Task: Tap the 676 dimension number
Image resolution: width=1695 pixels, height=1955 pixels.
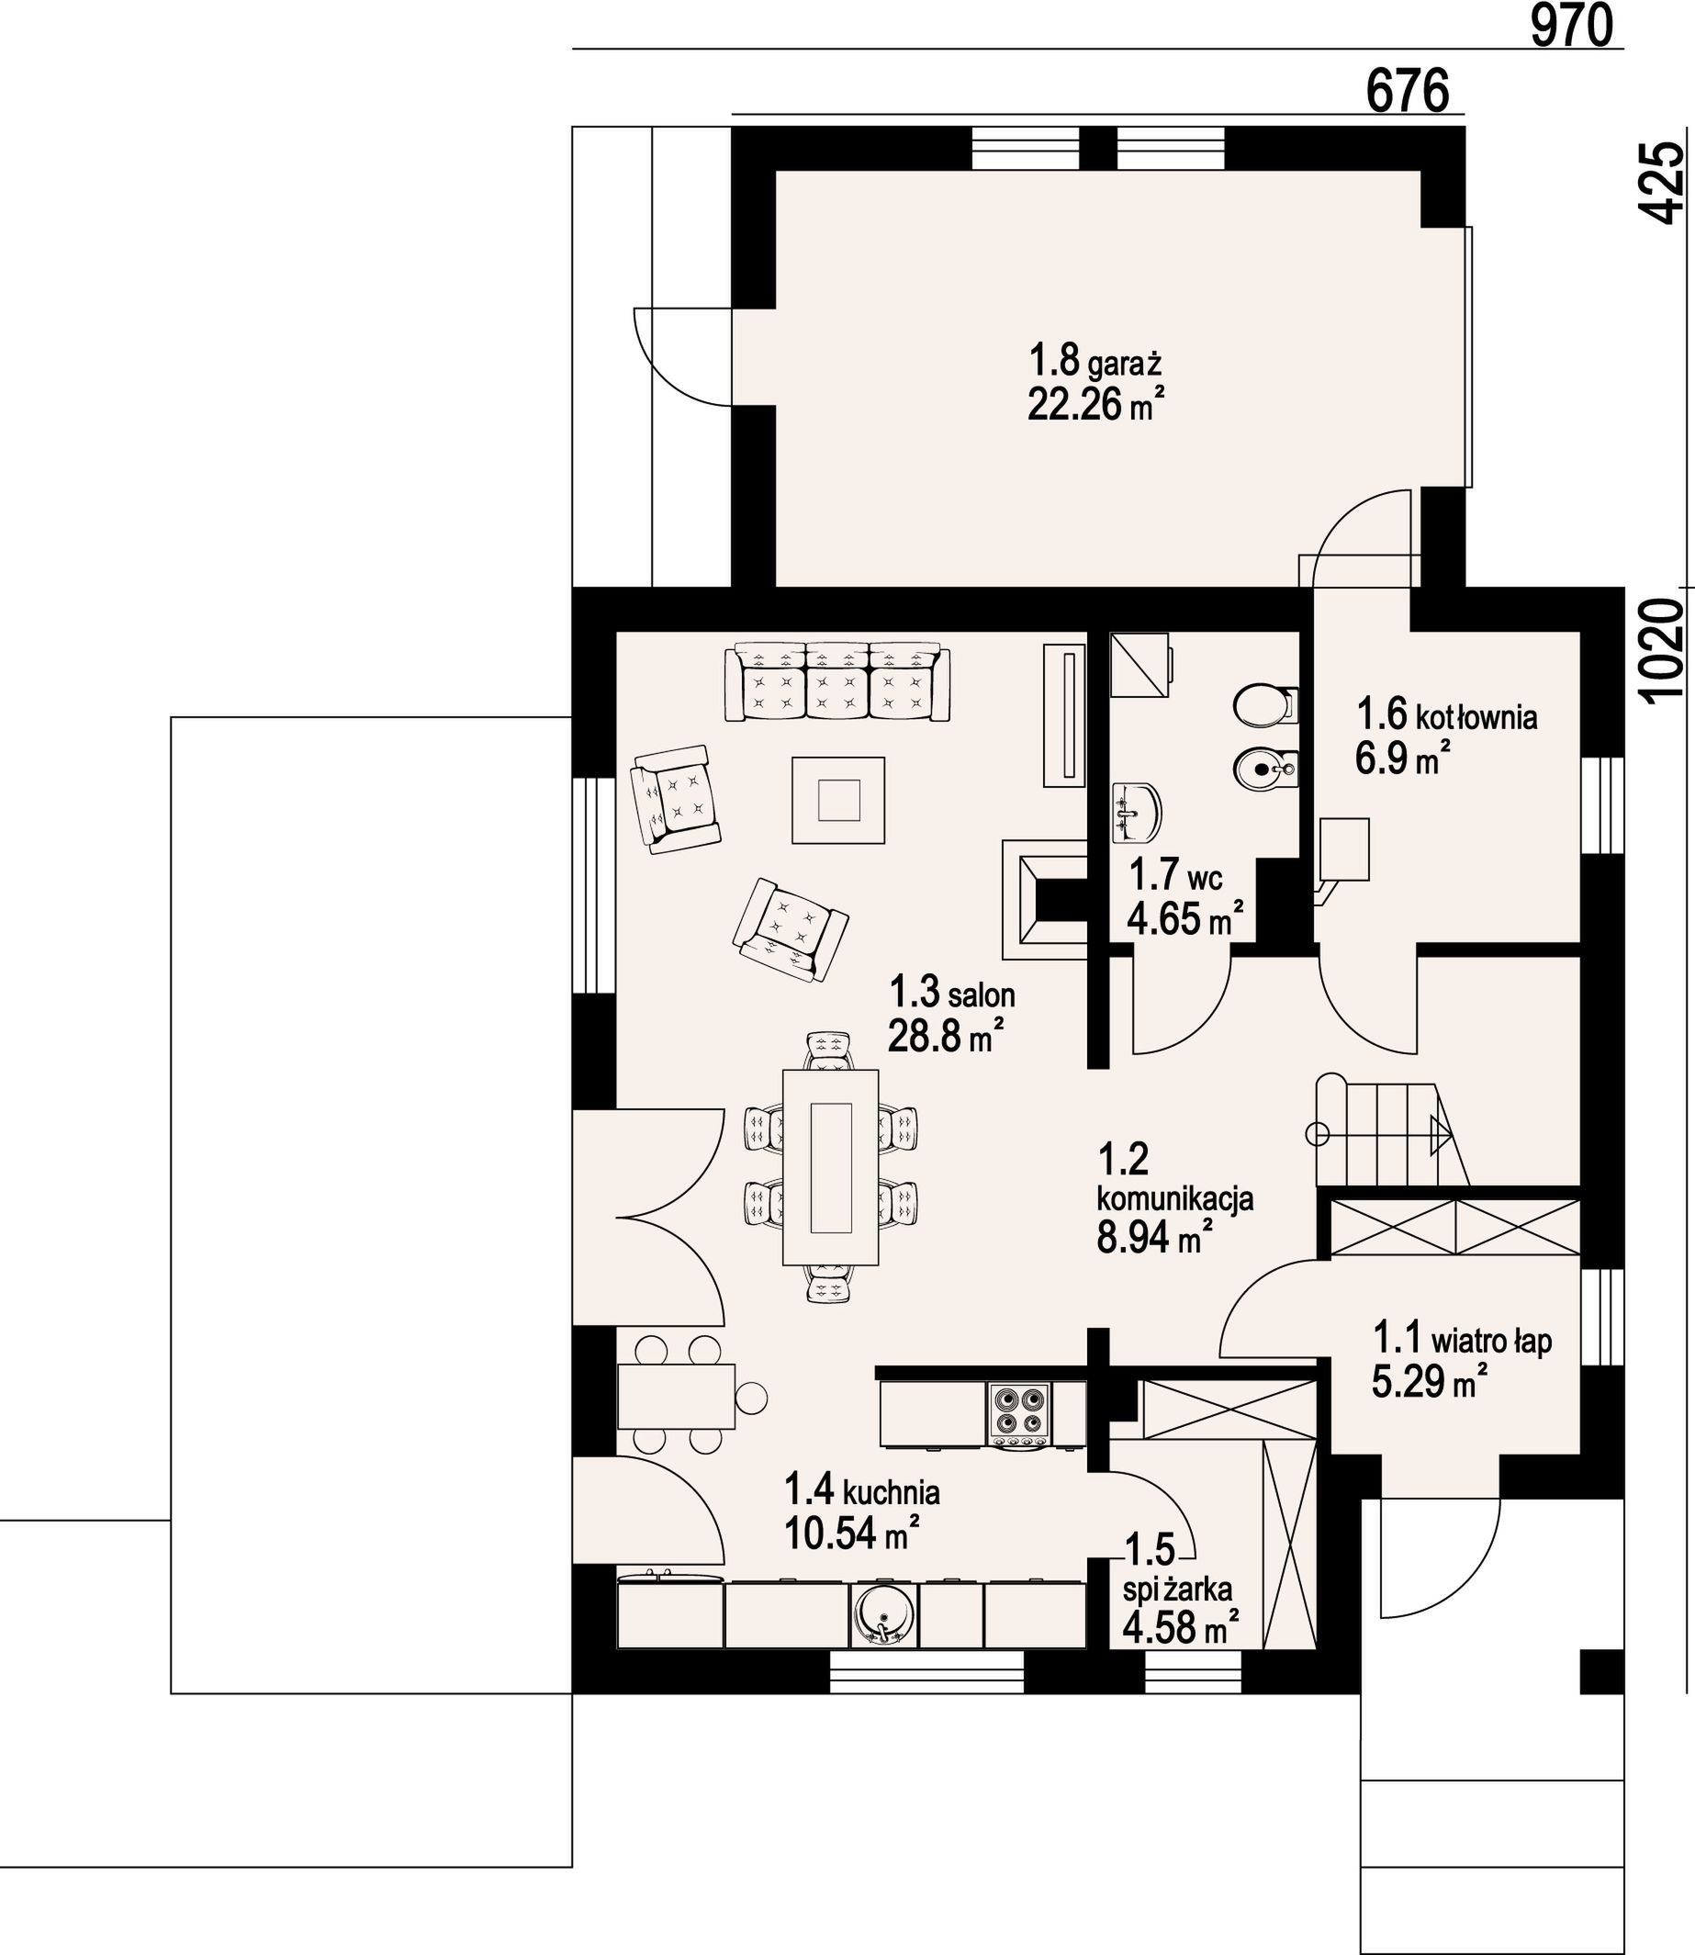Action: pyautogui.click(x=1409, y=92)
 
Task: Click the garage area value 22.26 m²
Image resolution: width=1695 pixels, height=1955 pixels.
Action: pyautogui.click(x=1095, y=404)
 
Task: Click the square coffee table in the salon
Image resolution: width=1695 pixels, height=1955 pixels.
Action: pyautogui.click(x=839, y=799)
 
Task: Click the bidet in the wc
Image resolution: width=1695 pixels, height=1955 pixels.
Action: pyautogui.click(x=1265, y=770)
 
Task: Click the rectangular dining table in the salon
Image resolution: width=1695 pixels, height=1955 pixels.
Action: pyautogui.click(x=830, y=1167)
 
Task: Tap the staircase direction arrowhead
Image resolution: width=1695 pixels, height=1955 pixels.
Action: pyautogui.click(x=1441, y=1133)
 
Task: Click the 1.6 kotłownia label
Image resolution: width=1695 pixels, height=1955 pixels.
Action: pyautogui.click(x=1447, y=715)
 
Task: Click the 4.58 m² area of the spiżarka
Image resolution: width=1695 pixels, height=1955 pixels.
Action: pyautogui.click(x=1182, y=1627)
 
